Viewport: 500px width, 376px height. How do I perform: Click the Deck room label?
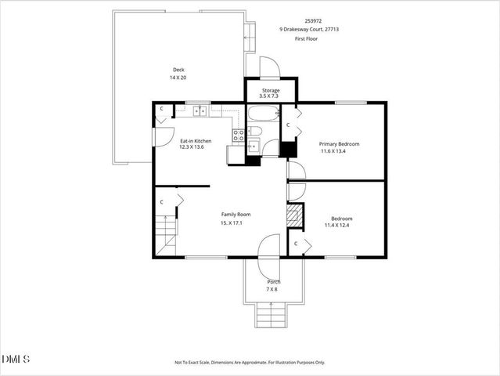(178, 70)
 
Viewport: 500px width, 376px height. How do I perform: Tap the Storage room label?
(271, 91)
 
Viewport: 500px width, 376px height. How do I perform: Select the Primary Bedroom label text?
(340, 144)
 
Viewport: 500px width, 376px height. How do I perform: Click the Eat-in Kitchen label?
(196, 141)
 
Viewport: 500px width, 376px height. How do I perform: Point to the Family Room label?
(236, 215)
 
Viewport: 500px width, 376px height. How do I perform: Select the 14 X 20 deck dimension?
(178, 78)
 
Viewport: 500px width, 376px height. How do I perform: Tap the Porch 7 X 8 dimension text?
(272, 290)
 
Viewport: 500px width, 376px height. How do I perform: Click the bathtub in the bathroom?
(264, 114)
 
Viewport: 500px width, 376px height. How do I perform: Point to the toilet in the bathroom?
(255, 131)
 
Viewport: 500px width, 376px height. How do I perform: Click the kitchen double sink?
(200, 111)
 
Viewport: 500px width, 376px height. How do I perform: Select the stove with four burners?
(239, 136)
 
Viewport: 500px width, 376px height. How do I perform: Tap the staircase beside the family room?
(166, 235)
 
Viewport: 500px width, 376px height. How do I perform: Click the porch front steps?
(271, 315)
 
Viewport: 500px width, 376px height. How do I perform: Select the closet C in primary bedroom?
(288, 125)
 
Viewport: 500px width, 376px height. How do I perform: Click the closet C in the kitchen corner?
(162, 109)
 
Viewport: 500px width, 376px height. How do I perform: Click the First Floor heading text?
(306, 39)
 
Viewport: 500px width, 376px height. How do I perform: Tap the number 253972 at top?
(313, 21)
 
